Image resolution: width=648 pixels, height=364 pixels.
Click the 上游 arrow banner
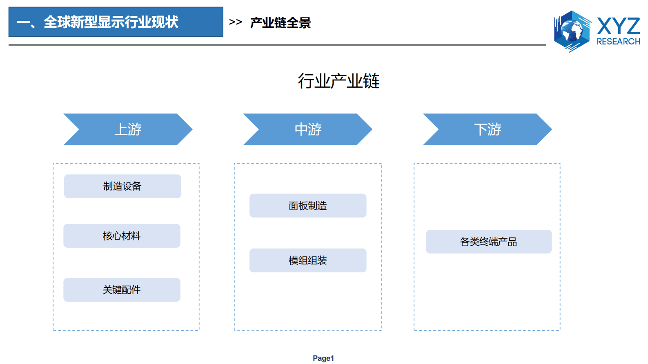click(x=128, y=129)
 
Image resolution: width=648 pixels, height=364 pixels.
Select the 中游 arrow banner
click(x=307, y=129)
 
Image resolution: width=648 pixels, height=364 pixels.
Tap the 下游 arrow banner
click(x=487, y=129)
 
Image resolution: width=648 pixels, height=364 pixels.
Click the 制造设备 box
click(x=122, y=186)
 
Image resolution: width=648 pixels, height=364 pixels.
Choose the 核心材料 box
click(x=122, y=236)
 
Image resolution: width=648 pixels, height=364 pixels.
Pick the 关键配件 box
click(x=122, y=290)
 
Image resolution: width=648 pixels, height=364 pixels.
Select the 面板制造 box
click(x=307, y=206)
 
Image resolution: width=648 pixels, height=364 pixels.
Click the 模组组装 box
click(x=307, y=260)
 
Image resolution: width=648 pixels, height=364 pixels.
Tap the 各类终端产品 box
click(x=488, y=242)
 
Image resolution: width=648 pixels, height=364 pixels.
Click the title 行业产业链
click(x=338, y=81)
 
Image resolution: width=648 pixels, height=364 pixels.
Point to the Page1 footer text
click(x=323, y=358)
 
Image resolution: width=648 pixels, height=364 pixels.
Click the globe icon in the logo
click(x=572, y=31)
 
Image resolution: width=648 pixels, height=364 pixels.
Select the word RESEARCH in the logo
click(x=618, y=42)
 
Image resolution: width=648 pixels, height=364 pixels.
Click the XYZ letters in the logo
click(x=618, y=26)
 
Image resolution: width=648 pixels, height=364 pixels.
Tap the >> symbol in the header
click(x=236, y=22)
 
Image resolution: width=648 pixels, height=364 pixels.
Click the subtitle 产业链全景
click(x=281, y=22)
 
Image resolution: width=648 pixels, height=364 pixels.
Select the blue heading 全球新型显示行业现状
click(x=111, y=22)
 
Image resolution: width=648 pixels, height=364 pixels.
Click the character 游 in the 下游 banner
click(x=494, y=129)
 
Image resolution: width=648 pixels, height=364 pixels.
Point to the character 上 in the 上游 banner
click(x=121, y=129)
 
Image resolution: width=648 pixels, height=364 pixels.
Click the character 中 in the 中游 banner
click(x=301, y=129)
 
